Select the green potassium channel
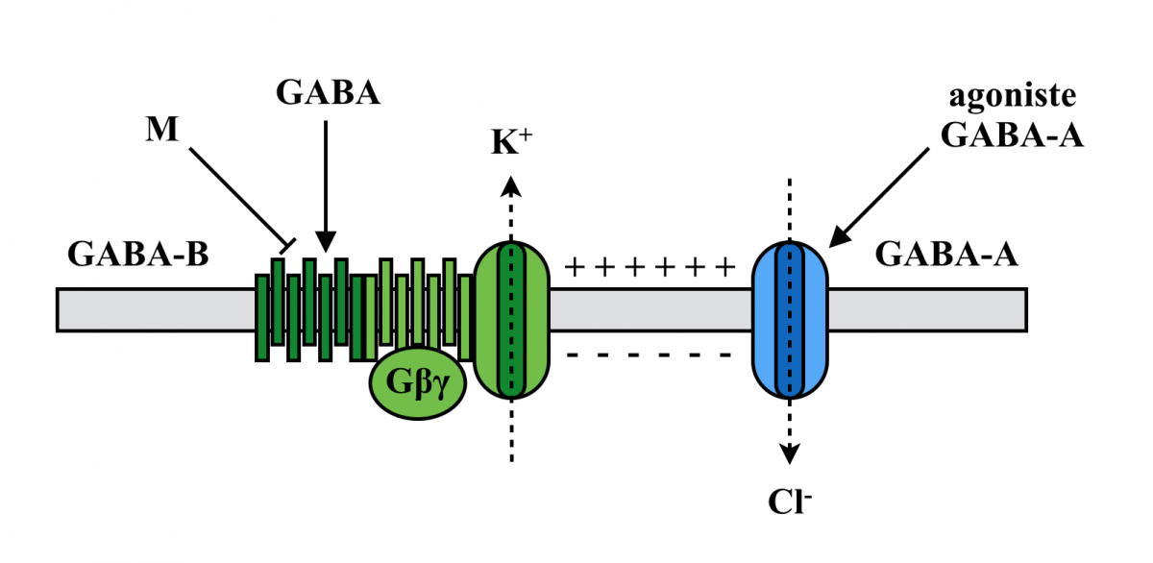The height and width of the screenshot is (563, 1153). click(x=512, y=320)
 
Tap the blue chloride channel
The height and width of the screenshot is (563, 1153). click(x=789, y=320)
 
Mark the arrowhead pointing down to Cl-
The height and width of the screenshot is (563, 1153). click(x=790, y=455)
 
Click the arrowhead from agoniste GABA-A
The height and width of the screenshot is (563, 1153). click(x=838, y=234)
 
